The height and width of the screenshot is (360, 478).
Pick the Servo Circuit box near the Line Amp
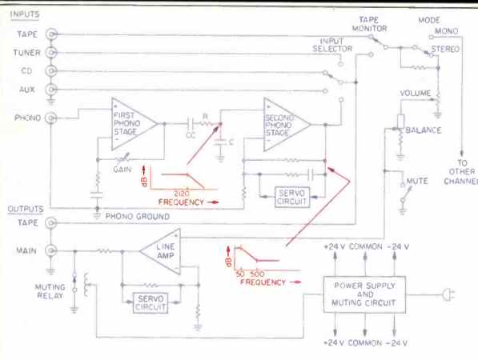click(x=151, y=302)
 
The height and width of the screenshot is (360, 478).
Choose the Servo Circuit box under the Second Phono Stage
click(x=292, y=197)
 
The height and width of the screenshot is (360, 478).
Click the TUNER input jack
click(x=51, y=53)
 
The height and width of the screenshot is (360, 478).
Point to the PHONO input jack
click(x=51, y=118)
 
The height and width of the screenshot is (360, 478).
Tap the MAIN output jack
click(x=51, y=250)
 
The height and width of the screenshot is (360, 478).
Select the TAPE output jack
click(x=51, y=223)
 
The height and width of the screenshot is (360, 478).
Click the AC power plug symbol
click(x=448, y=294)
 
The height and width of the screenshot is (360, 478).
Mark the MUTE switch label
click(x=417, y=181)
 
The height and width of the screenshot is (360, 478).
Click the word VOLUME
click(x=416, y=93)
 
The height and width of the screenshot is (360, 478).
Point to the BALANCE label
click(x=424, y=130)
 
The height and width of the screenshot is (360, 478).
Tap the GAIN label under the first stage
click(x=123, y=170)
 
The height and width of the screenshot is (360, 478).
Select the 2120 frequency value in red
click(x=182, y=194)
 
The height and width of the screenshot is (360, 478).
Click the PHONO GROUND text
click(x=138, y=217)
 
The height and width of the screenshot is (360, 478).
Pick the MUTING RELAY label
click(x=50, y=291)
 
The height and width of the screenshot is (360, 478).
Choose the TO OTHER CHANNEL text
click(x=461, y=172)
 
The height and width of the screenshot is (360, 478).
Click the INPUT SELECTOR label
click(x=332, y=45)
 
